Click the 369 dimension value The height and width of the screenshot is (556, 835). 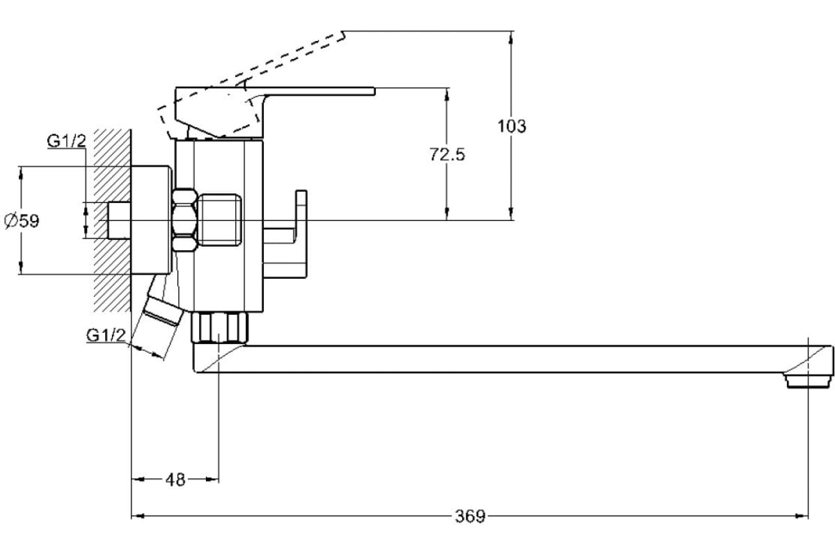coord(470,516)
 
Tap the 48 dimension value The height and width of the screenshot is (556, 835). coord(176,480)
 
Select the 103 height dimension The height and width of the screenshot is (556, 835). coord(512,126)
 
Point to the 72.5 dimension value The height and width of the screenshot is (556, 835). coord(447,155)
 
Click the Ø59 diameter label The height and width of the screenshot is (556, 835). coord(22,221)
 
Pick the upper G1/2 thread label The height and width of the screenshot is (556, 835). coord(66,142)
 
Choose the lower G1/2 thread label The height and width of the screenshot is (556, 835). coord(106,336)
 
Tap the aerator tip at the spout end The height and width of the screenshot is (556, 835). coord(807,380)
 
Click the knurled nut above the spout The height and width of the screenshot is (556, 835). coord(219,327)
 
